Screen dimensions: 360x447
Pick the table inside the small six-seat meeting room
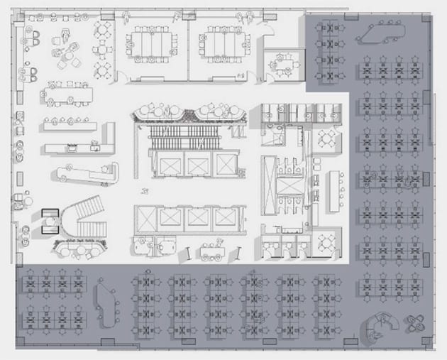[282, 65]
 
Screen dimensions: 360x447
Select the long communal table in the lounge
[70, 93]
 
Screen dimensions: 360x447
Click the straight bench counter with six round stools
[69, 123]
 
